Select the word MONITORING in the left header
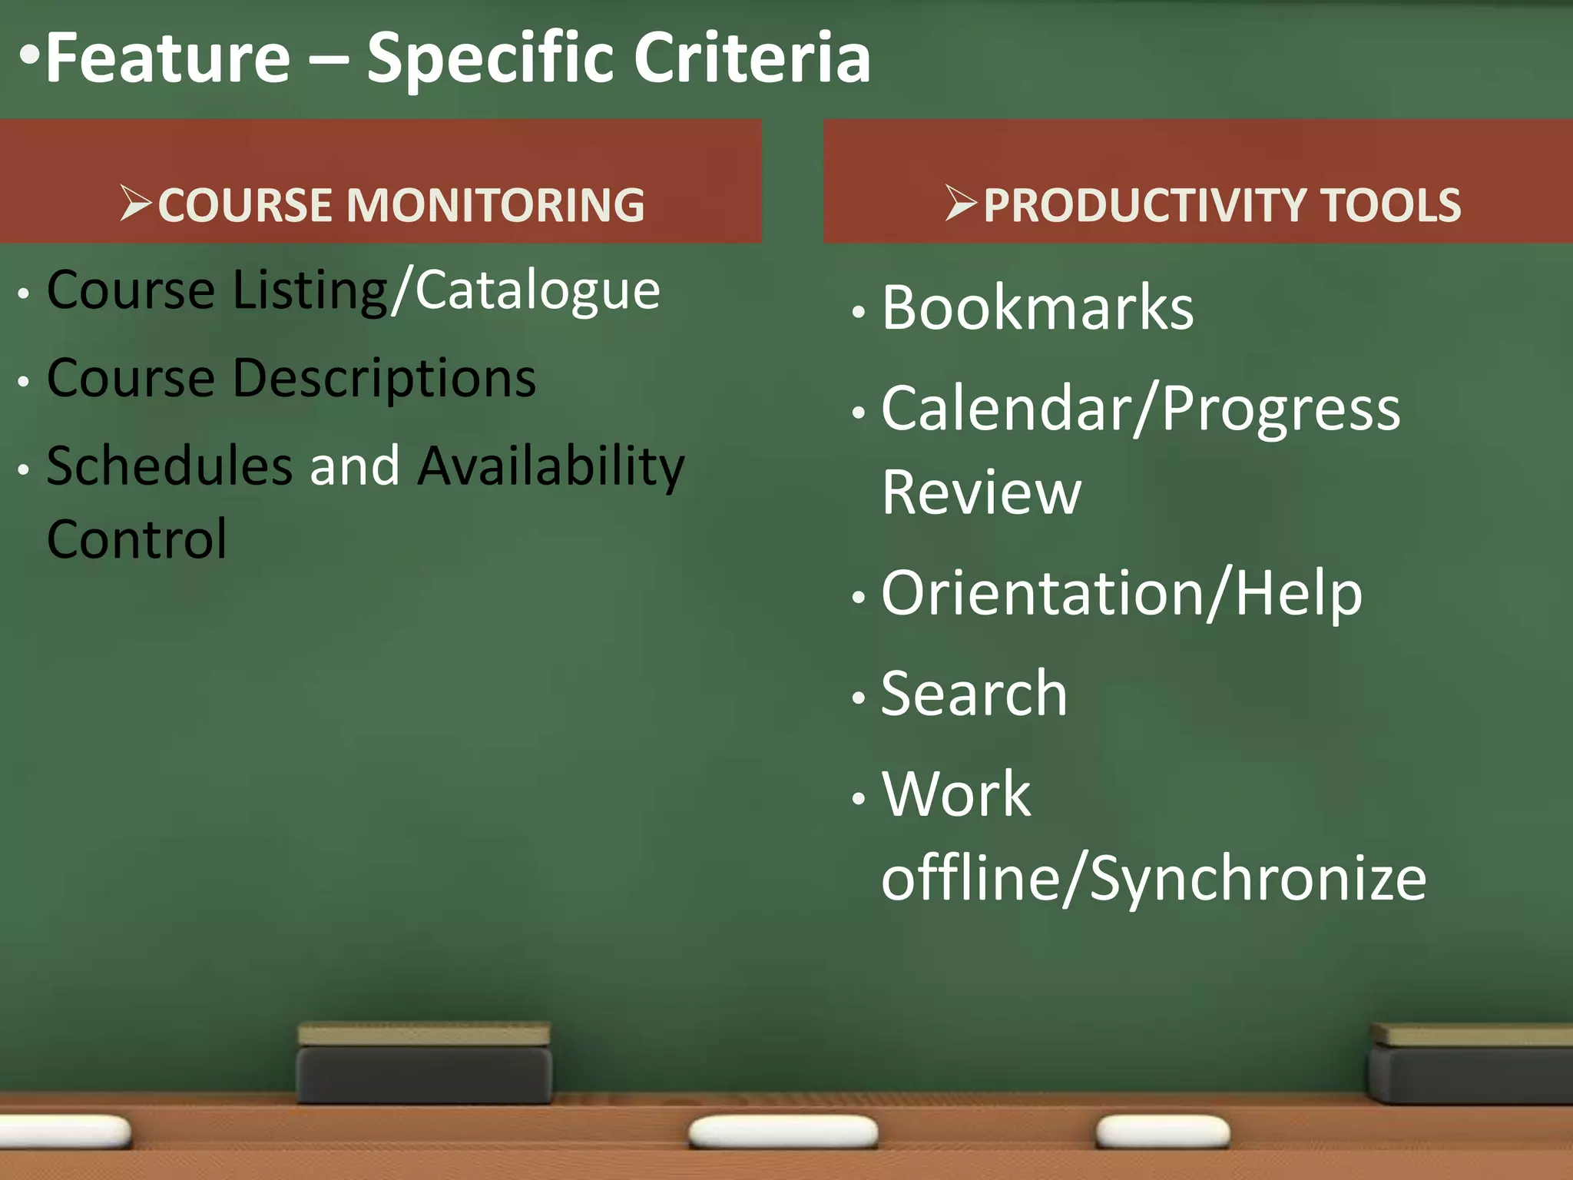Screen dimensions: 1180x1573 coord(495,205)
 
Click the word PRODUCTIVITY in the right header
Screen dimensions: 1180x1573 coord(1144,205)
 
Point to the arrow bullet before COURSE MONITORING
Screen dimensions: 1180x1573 coord(137,204)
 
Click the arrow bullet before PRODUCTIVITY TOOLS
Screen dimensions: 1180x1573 coord(961,204)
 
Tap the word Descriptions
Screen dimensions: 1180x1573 coord(384,380)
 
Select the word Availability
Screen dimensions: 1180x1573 coord(551,467)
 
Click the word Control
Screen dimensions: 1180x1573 coord(137,539)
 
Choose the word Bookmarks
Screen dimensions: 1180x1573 coord(1038,308)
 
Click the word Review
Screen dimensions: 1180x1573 coord(982,492)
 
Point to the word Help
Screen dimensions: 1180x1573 coord(1299,594)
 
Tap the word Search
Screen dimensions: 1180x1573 coord(974,694)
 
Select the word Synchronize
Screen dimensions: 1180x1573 coord(1257,880)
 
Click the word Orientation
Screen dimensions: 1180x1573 coord(1042,594)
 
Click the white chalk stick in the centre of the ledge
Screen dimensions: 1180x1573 coord(783,1132)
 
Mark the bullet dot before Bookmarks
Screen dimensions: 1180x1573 coord(859,312)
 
